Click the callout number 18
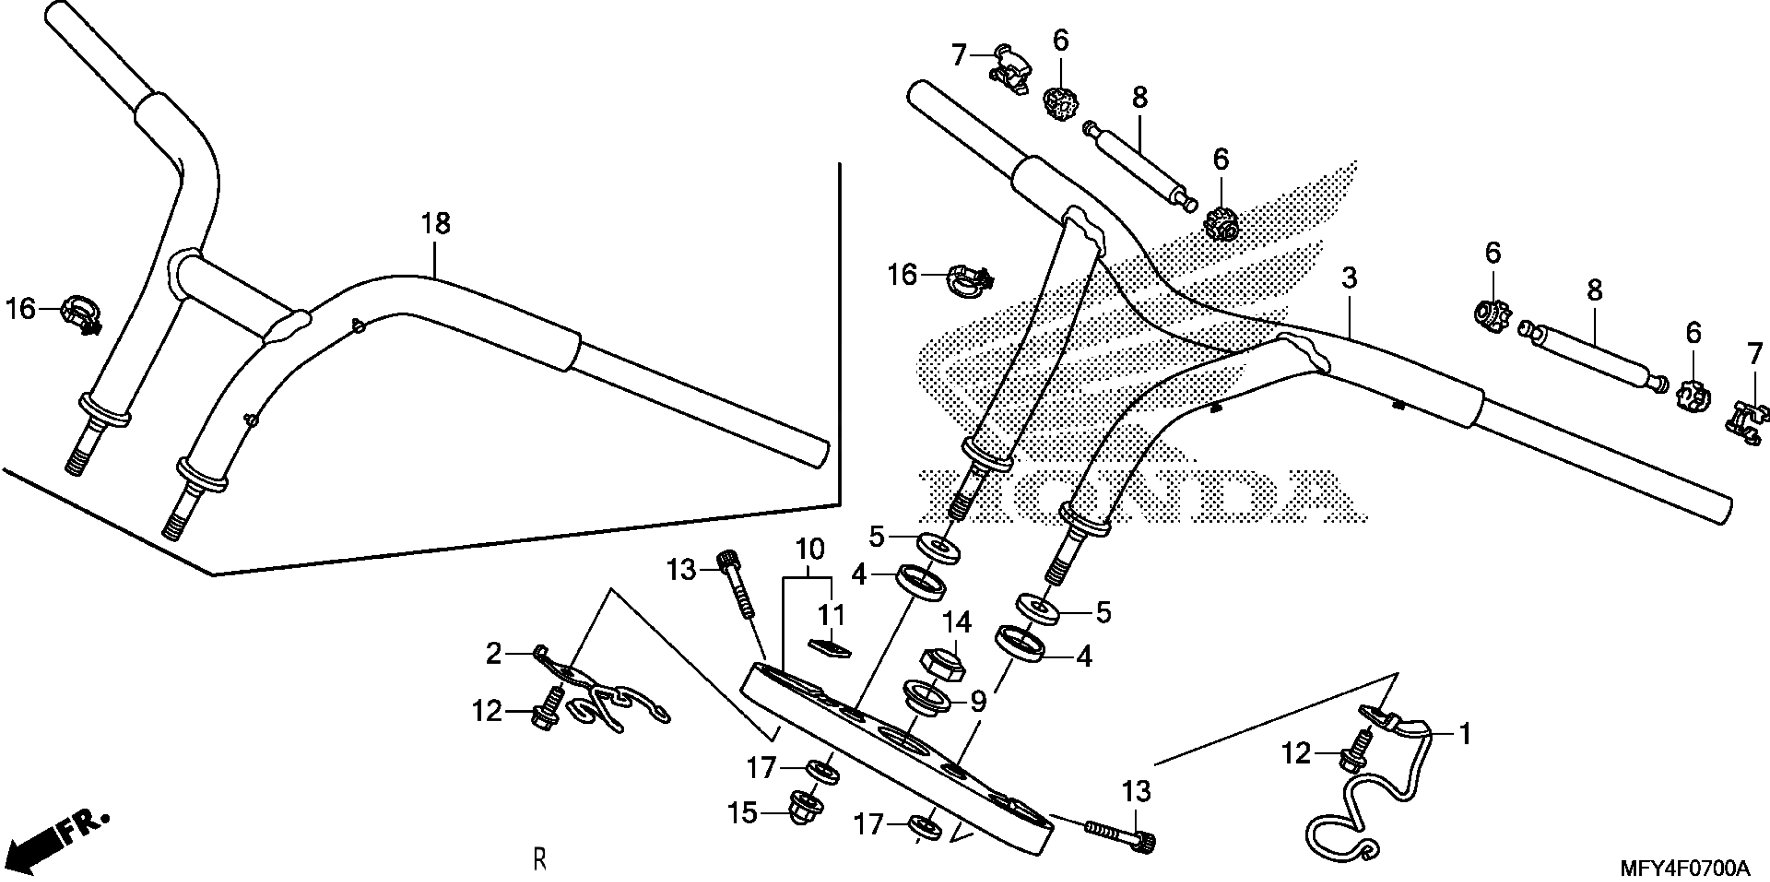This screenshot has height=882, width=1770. tap(436, 224)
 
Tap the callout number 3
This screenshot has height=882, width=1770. tap(1350, 279)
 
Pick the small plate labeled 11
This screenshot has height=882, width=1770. tap(830, 647)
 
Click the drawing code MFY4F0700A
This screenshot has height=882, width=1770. tap(1692, 867)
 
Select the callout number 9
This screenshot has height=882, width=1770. tap(978, 702)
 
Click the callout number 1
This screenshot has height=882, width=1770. tap(1464, 734)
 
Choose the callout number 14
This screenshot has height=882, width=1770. tap(957, 623)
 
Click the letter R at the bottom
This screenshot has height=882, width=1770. tap(541, 860)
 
